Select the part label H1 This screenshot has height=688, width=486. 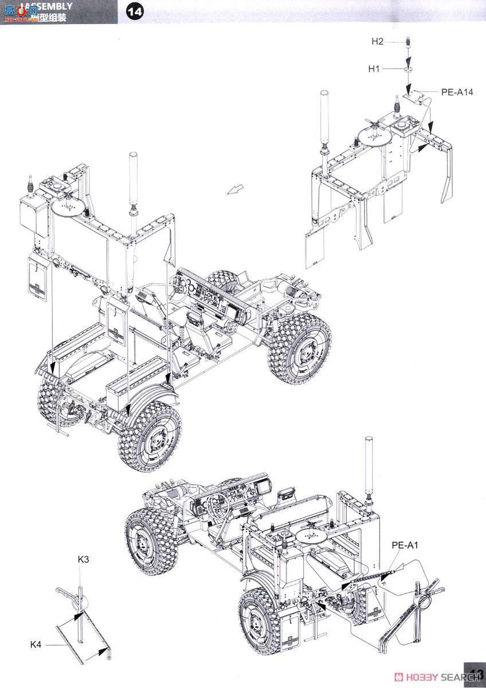(374, 69)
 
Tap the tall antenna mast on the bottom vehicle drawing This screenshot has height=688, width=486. (370, 464)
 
